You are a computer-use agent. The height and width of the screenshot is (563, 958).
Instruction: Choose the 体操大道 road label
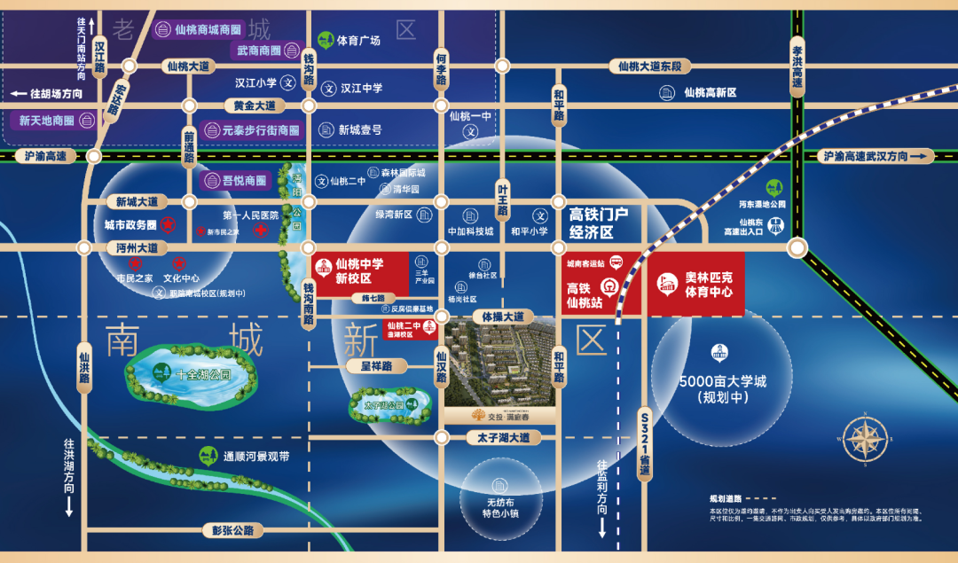pyautogui.click(x=498, y=317)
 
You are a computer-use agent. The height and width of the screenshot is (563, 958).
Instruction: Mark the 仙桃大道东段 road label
pyautogui.click(x=650, y=66)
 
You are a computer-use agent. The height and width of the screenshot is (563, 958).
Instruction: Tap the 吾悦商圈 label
pyautogui.click(x=243, y=181)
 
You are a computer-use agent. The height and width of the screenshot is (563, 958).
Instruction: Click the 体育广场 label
pyautogui.click(x=357, y=41)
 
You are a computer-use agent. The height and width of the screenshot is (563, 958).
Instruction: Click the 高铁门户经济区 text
pyautogui.click(x=597, y=223)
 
